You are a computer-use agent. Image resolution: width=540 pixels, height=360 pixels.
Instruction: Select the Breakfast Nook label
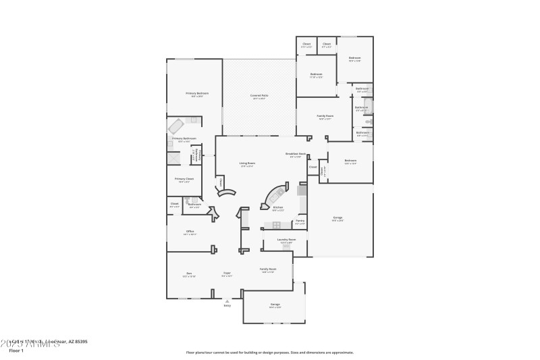(x=295, y=154)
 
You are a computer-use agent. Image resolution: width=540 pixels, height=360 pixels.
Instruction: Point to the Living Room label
(x=247, y=163)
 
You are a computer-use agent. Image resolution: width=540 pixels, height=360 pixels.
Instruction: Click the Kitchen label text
(x=277, y=208)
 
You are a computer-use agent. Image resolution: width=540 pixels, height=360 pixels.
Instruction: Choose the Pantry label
(x=300, y=221)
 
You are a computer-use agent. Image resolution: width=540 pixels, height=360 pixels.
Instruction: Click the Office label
(x=190, y=232)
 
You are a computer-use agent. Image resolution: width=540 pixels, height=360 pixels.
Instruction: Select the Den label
(x=189, y=274)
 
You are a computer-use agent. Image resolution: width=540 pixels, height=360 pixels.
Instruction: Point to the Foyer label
(x=227, y=274)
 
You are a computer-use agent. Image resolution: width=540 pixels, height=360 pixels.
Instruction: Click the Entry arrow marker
(x=227, y=301)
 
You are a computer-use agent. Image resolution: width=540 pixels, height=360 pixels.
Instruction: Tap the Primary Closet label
(x=185, y=179)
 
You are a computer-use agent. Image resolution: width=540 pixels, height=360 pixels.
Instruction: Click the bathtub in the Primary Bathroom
(x=178, y=127)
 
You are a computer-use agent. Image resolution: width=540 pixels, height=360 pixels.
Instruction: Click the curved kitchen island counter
(x=275, y=194)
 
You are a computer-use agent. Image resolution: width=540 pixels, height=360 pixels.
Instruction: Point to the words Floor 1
(x=16, y=351)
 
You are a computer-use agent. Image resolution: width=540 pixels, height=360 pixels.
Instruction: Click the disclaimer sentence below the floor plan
(x=269, y=352)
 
